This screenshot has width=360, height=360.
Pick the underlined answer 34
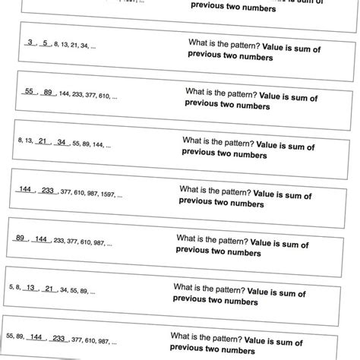(x=62, y=142)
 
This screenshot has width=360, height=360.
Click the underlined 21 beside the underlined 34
(x=43, y=141)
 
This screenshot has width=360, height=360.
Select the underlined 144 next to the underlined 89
(x=41, y=239)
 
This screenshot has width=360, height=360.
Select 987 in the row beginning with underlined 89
(x=99, y=242)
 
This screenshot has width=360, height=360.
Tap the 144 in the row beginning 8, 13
(x=99, y=144)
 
